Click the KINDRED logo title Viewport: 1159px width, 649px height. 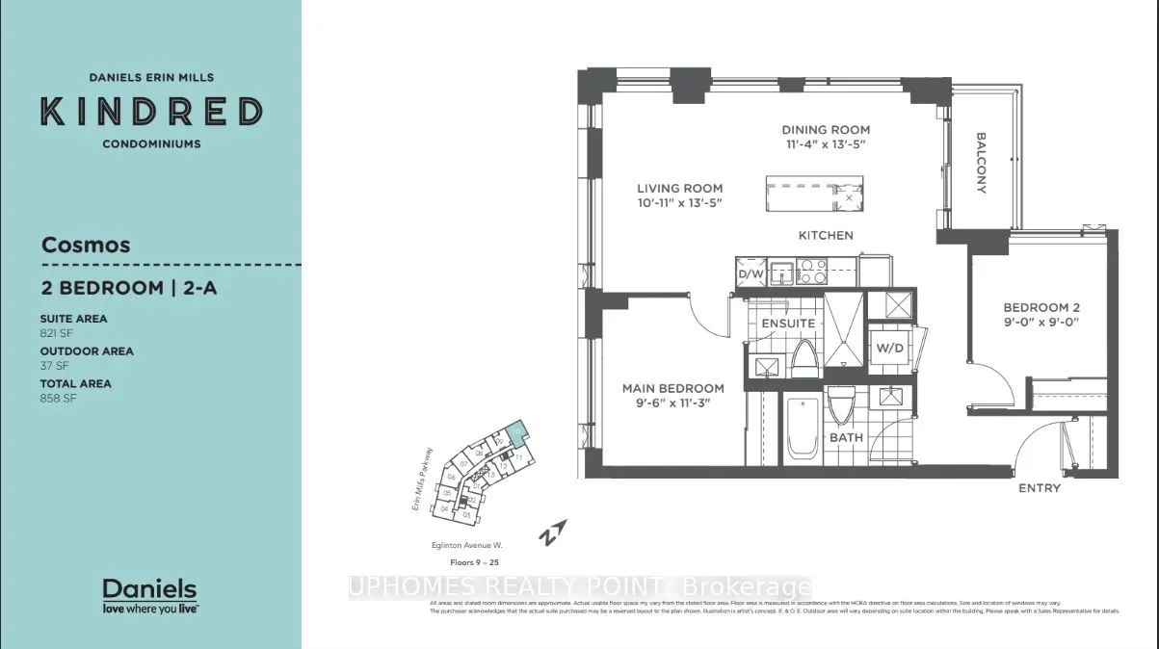tap(151, 112)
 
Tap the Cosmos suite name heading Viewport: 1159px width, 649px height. tap(86, 245)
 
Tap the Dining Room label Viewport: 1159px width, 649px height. tap(825, 130)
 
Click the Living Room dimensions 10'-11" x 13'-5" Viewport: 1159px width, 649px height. tap(679, 203)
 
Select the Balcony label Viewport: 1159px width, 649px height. tap(982, 163)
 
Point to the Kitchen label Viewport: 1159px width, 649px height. tap(826, 235)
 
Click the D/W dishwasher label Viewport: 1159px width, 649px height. tap(750, 274)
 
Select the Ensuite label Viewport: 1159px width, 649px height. tap(787, 324)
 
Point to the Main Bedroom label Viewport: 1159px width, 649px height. tap(672, 388)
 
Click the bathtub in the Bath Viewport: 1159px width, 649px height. tap(802, 429)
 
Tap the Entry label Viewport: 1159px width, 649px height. tap(1039, 488)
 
